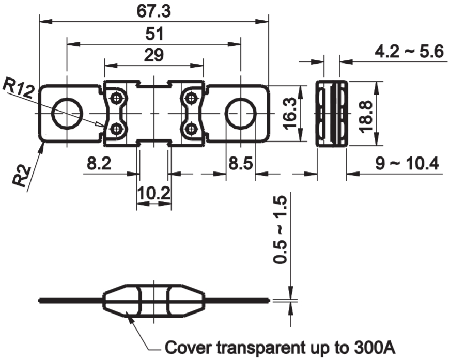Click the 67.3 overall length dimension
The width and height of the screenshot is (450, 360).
(153, 11)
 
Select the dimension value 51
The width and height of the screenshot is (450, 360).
(154, 34)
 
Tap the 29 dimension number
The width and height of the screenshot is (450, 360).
(154, 55)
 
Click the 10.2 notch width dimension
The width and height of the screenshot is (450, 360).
(154, 193)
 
